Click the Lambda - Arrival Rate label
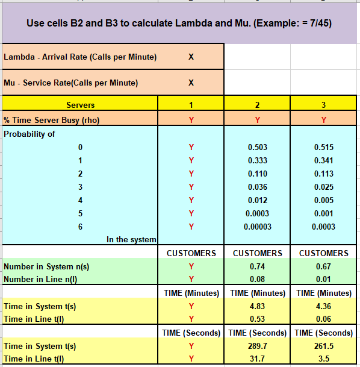(x=80, y=57)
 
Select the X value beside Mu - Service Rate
(x=191, y=83)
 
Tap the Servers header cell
(x=80, y=105)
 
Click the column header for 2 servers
(x=257, y=105)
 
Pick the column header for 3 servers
(x=323, y=105)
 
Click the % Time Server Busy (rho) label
(x=52, y=119)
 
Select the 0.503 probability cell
(x=257, y=147)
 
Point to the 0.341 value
(x=323, y=160)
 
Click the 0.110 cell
(x=257, y=174)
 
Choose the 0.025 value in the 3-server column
(x=323, y=187)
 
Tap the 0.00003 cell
(x=257, y=227)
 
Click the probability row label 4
(x=79, y=200)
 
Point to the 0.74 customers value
(x=257, y=266)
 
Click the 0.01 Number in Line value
(x=323, y=279)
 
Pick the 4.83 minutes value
(x=257, y=306)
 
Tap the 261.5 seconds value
(x=323, y=346)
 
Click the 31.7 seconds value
(x=257, y=359)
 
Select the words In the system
(x=131, y=240)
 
